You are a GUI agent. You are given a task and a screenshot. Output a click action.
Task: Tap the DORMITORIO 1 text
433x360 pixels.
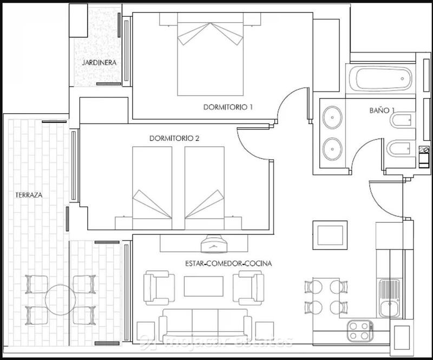point(228,107)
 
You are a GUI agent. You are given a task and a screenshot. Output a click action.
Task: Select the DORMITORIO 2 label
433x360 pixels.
point(174,139)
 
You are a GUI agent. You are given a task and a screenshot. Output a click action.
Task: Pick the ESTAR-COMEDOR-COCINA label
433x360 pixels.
point(227,264)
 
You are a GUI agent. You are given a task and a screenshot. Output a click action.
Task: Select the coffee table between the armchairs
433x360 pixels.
point(204,286)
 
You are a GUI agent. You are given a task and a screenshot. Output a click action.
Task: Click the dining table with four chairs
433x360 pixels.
point(323,297)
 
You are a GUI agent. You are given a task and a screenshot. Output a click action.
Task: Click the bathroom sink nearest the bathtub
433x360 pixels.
point(331,116)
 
